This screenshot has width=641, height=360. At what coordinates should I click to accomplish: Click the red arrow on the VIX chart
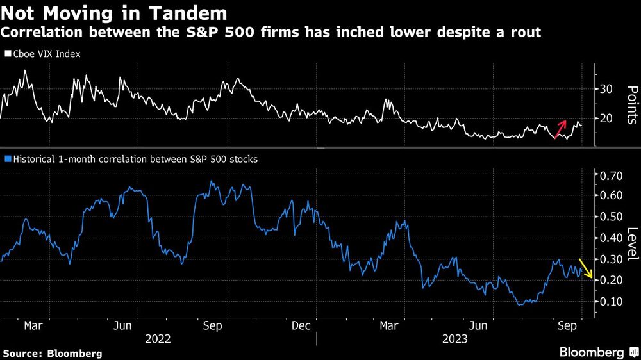click(560, 128)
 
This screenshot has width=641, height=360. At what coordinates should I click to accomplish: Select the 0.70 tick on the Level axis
click(610, 175)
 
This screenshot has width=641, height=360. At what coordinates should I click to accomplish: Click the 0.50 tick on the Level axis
click(610, 217)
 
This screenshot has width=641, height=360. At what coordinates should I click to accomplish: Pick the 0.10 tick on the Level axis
click(610, 301)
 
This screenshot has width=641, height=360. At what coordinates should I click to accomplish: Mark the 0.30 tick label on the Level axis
click(610, 259)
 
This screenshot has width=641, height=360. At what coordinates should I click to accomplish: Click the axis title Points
click(631, 104)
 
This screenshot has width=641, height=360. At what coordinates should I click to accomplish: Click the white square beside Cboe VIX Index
click(8, 54)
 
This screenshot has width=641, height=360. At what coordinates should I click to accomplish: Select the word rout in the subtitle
click(524, 32)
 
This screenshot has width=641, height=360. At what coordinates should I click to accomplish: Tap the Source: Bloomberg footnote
click(53, 353)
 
